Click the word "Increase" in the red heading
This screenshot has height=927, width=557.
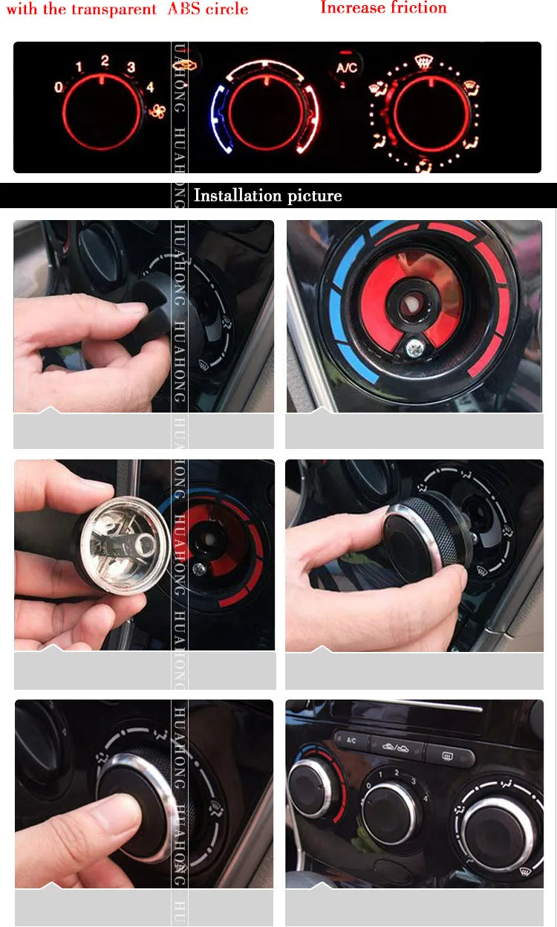(x=349, y=8)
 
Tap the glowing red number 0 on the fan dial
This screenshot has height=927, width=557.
(x=59, y=88)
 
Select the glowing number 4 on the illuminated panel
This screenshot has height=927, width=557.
(x=150, y=87)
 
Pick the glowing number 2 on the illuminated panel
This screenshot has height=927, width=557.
(x=105, y=61)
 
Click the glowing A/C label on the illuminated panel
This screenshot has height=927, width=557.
(x=346, y=68)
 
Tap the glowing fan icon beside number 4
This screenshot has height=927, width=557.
(x=157, y=111)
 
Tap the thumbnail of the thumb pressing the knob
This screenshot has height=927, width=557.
(x=144, y=793)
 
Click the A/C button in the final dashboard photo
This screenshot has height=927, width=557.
(x=351, y=740)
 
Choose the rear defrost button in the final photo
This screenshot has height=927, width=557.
(x=448, y=757)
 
